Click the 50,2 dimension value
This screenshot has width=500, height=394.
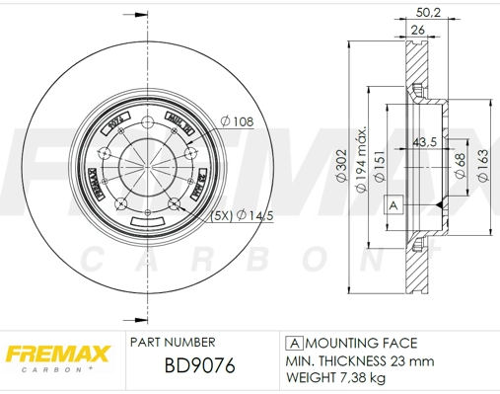coord(427,11)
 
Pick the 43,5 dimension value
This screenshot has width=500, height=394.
coord(425,140)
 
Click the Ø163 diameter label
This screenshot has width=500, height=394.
coord(482,164)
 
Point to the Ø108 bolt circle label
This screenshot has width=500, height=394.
coord(238,120)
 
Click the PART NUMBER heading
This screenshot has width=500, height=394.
coord(171,343)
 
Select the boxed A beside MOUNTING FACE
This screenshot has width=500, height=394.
coord(292,343)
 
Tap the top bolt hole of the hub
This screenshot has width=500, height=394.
coord(145,123)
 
